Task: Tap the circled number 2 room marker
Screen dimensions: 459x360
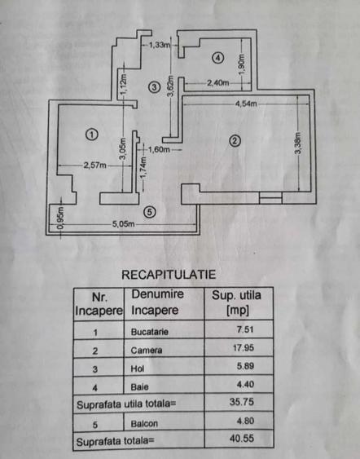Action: click(x=235, y=139)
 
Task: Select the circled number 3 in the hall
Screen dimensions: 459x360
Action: click(x=154, y=86)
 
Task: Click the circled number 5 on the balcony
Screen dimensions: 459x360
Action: click(x=148, y=211)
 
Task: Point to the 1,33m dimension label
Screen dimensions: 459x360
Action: click(x=159, y=45)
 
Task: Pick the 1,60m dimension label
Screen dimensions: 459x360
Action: click(x=159, y=150)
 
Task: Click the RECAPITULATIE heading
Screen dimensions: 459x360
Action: click(x=169, y=276)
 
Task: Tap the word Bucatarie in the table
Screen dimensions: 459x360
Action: click(x=151, y=333)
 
